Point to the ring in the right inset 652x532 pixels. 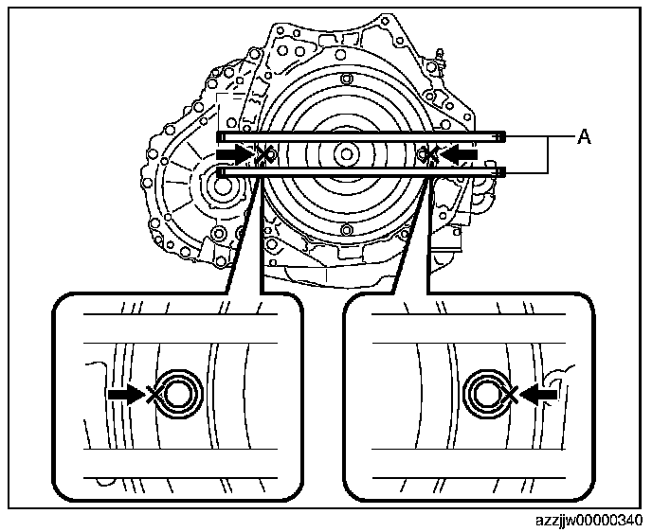[x=484, y=391]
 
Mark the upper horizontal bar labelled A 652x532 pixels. [x=360, y=135]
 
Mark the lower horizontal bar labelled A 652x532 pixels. [x=360, y=171]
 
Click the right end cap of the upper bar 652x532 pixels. [x=502, y=134]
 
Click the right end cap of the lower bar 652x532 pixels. [x=502, y=171]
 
